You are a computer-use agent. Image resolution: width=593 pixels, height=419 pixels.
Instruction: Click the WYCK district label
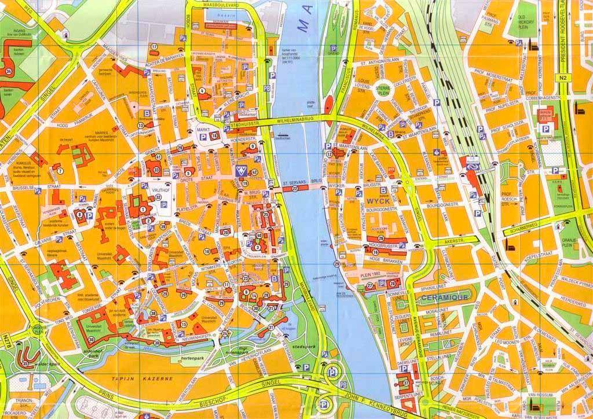(375, 201)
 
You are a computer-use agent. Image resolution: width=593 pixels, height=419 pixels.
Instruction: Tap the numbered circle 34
(8, 71)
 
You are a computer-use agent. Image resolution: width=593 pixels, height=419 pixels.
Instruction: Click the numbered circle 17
(155, 46)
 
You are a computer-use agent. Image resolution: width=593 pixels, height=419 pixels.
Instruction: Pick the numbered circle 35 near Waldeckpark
(24, 363)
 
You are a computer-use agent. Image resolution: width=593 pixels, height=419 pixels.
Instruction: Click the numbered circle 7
(59, 171)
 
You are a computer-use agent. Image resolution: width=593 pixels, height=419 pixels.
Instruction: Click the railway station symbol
(473, 164)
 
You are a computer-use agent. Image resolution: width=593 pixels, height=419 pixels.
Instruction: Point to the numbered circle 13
(140, 125)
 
